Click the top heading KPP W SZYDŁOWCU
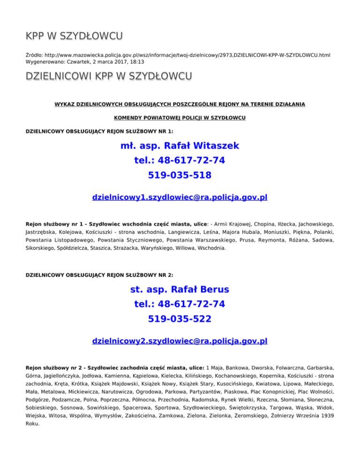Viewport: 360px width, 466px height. (75, 36)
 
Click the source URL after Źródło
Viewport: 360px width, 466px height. (187, 55)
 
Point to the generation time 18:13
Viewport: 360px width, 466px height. (137, 61)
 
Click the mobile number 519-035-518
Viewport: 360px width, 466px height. (180, 175)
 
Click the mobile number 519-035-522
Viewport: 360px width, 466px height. (180, 319)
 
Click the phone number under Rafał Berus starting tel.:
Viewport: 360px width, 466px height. (180, 304)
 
